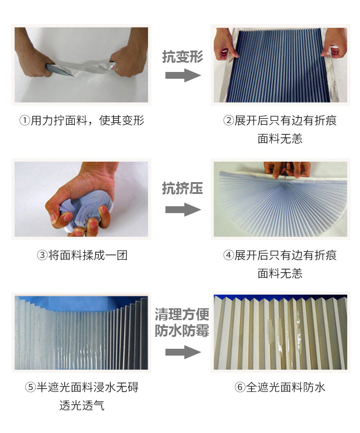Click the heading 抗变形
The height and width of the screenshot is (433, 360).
point(182,56)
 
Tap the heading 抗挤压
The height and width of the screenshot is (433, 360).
point(182,188)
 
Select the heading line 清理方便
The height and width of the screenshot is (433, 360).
point(182,314)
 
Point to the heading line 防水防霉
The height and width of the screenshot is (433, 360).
point(182,331)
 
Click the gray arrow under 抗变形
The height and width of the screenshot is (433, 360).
point(183,76)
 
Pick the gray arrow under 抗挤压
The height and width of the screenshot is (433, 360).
point(183,209)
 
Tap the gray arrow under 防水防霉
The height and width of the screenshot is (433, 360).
point(183,352)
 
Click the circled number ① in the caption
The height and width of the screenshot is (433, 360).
point(25,121)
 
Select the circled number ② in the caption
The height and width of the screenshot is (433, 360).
point(228,121)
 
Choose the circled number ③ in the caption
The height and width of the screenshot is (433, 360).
point(42,255)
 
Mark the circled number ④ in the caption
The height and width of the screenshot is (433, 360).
point(228,255)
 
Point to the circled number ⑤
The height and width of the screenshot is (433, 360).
point(31,387)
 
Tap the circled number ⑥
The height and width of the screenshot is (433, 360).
point(240,387)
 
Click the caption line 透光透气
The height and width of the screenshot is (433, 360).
point(82,405)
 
